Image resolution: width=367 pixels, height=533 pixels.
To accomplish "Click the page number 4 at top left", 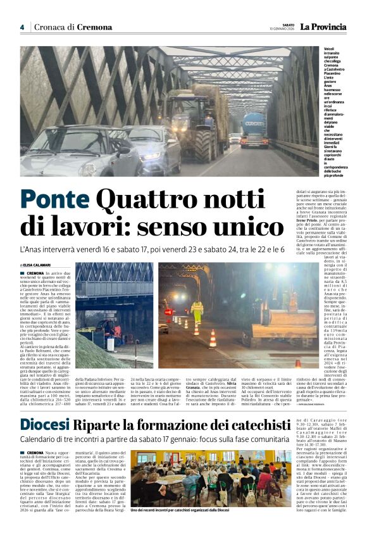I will (22, 27).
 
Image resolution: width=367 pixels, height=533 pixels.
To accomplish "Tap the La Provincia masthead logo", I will (323, 27).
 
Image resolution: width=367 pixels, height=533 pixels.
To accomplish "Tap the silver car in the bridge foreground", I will (79, 152).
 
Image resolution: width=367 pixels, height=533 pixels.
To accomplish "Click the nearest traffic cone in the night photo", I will (213, 339).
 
